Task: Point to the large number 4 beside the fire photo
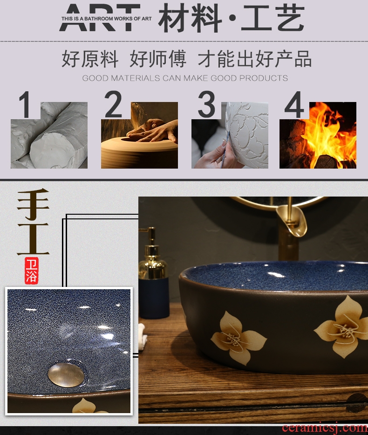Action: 294,104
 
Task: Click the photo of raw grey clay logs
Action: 49,135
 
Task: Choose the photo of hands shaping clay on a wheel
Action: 139,135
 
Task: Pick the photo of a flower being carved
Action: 230,135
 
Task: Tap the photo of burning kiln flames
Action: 318,135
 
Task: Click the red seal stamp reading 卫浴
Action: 31,271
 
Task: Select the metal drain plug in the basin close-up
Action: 66,375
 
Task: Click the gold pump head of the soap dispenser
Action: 150,237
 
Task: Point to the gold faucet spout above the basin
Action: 292,223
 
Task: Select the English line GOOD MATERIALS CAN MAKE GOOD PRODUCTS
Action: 185,78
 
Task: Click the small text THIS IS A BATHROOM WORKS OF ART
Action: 107,19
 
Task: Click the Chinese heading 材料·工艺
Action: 232,18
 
